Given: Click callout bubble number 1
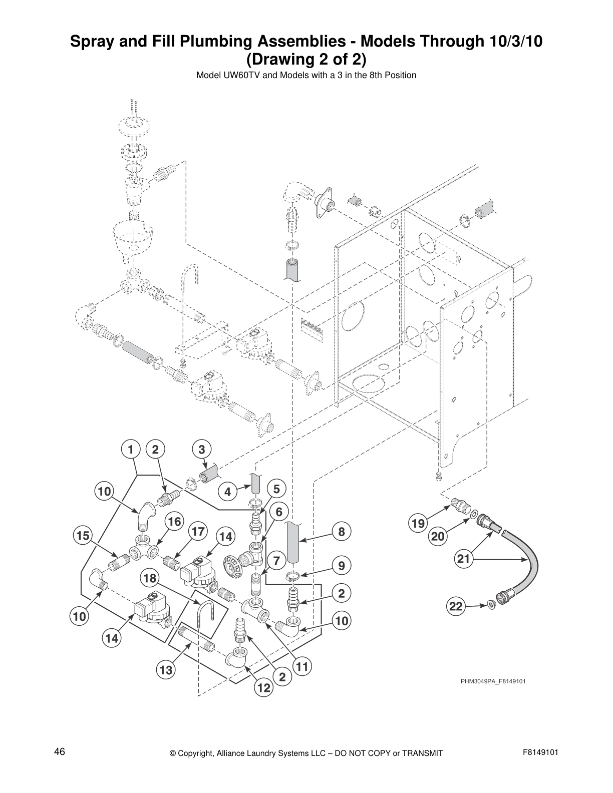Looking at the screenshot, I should click(130, 450).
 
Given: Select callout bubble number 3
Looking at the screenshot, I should click(201, 450).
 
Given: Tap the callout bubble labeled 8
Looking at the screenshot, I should click(342, 532).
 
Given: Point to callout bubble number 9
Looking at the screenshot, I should click(342, 566).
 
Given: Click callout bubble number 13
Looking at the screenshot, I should click(166, 670).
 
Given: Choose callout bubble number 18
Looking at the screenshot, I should click(150, 579).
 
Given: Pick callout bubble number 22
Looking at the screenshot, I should click(456, 607).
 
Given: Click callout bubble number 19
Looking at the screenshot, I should click(418, 524).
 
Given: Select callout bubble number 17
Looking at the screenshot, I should click(198, 532).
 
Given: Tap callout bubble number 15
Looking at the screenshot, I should click(83, 536).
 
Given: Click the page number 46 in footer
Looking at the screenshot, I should click(60, 752).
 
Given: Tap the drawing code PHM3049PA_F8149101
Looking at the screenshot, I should click(493, 681).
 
